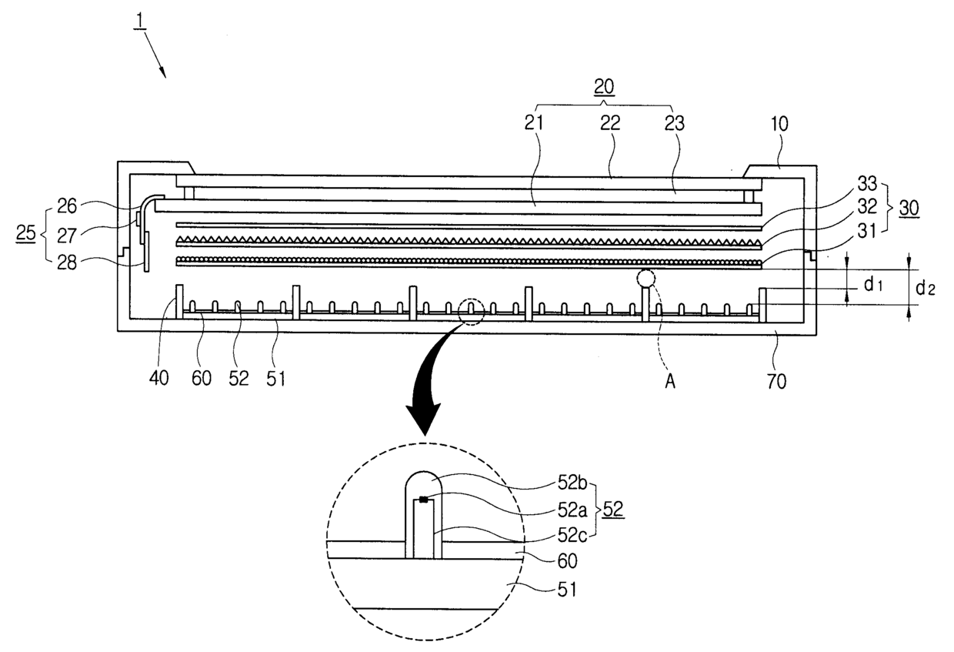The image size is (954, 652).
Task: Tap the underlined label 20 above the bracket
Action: [x=604, y=89]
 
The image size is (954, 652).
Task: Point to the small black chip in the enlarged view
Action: [x=422, y=500]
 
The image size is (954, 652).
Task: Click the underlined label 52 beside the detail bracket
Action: [x=614, y=510]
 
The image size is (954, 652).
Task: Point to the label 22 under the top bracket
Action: [x=611, y=122]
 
